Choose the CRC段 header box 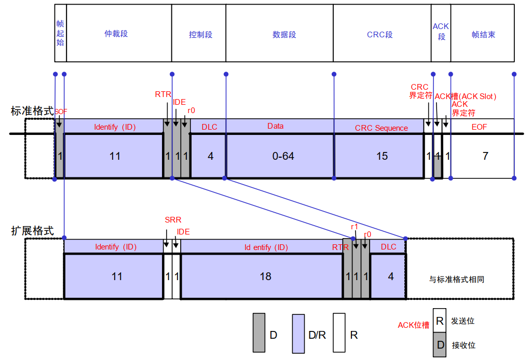tap(382, 34)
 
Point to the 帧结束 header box tap(483, 34)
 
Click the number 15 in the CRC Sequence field tap(382, 156)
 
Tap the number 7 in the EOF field tap(485, 156)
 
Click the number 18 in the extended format tap(265, 276)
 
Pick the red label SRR tap(173, 220)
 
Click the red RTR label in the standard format tap(163, 94)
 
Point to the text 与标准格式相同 tap(457, 279)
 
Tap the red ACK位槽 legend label tap(413, 325)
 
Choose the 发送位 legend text tap(463, 321)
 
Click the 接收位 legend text tap(463, 345)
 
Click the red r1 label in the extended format tap(355, 227)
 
